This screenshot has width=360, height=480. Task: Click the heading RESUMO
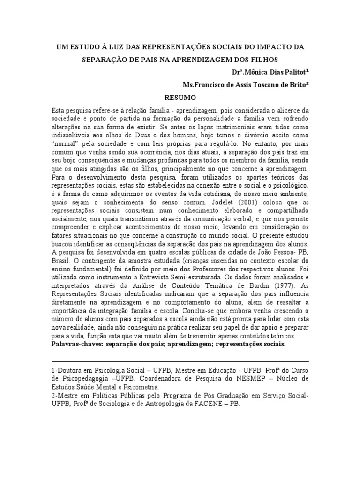pyautogui.click(x=180, y=98)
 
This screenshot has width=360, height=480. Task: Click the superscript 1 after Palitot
pyautogui.click(x=307, y=71)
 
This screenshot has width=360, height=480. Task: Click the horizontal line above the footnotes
pyautogui.click(x=180, y=362)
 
